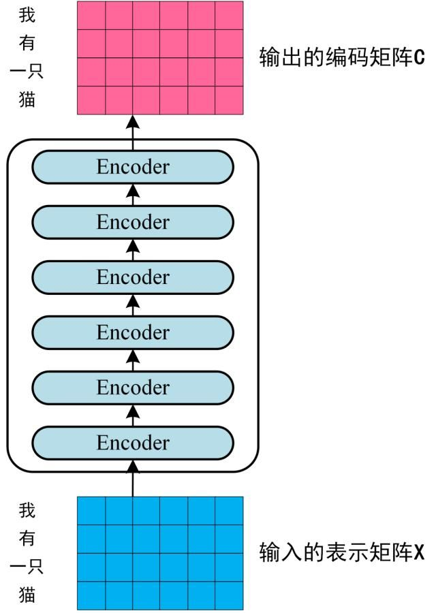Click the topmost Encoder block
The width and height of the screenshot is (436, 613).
click(133, 167)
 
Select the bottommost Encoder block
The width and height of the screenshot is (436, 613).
click(133, 443)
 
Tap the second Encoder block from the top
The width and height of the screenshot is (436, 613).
click(133, 222)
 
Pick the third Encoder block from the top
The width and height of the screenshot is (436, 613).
click(133, 277)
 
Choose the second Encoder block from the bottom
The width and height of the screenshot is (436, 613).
click(133, 388)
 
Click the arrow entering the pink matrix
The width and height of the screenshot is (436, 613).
click(134, 133)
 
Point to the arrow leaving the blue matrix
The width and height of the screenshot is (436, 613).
click(134, 479)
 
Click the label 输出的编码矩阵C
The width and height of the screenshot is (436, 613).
click(342, 57)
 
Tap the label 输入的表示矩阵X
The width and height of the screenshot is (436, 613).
click(342, 552)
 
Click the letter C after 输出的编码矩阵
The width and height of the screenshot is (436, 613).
click(419, 58)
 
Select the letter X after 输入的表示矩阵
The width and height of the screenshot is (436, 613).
click(419, 552)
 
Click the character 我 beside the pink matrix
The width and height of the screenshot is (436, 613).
click(27, 15)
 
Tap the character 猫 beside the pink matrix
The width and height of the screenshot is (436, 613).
click(27, 99)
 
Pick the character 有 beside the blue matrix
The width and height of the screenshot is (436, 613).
click(27, 538)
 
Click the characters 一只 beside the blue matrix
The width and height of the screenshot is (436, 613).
click(27, 566)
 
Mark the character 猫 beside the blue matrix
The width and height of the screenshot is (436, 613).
click(27, 594)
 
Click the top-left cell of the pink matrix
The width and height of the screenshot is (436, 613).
click(91, 15)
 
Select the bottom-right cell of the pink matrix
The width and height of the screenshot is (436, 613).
click(229, 100)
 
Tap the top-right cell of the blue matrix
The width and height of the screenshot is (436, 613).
click(229, 511)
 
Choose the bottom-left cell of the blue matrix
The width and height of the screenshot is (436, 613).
click(91, 595)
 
